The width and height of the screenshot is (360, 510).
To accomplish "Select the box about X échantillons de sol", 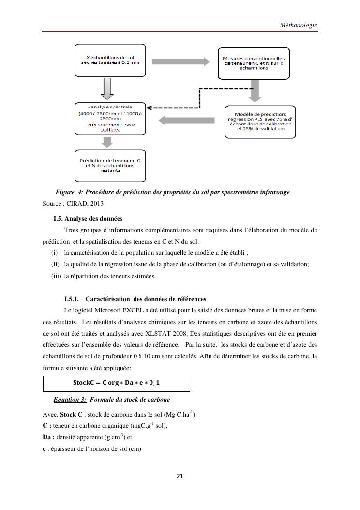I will (110, 61).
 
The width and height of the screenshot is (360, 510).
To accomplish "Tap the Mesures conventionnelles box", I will (254, 63).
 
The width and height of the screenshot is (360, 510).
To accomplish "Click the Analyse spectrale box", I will (110, 118).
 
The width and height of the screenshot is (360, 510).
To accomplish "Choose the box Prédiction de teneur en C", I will (110, 165).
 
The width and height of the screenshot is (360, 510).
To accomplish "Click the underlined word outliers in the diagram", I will (110, 129).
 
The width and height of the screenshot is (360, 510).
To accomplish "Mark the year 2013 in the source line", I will (97, 203).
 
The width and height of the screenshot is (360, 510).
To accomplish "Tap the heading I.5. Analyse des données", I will (88, 218).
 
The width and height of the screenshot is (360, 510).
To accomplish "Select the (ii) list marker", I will (56, 264).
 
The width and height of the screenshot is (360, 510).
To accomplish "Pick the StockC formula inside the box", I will (117, 383).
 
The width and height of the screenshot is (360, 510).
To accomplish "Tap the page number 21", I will (180, 476).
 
